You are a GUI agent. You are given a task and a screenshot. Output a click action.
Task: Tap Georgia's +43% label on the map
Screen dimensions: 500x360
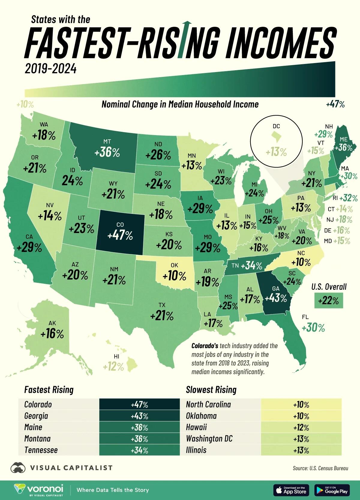(x=276, y=299)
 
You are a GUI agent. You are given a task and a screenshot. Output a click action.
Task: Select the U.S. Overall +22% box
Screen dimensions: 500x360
(x=328, y=300)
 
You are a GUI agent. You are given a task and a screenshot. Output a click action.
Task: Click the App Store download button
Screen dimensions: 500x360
(x=291, y=490)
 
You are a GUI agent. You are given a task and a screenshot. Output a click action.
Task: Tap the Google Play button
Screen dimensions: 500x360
(x=332, y=490)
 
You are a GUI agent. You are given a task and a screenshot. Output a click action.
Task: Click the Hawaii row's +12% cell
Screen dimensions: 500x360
(x=301, y=427)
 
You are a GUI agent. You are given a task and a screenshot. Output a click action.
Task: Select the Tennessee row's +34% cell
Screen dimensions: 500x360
(x=139, y=450)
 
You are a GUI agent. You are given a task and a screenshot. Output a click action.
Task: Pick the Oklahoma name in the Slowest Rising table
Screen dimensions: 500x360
(x=201, y=416)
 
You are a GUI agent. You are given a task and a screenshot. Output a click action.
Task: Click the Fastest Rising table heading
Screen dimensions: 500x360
(x=49, y=390)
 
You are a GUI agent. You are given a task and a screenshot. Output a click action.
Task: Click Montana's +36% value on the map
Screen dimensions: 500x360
(x=107, y=153)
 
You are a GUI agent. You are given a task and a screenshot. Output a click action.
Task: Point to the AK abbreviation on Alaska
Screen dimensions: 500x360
(x=52, y=323)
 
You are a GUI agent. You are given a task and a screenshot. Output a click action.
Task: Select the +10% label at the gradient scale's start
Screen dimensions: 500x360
(x=25, y=105)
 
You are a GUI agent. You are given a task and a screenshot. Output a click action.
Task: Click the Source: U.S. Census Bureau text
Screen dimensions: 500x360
(x=320, y=468)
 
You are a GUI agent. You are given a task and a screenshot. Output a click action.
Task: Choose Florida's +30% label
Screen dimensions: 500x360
(x=313, y=328)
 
